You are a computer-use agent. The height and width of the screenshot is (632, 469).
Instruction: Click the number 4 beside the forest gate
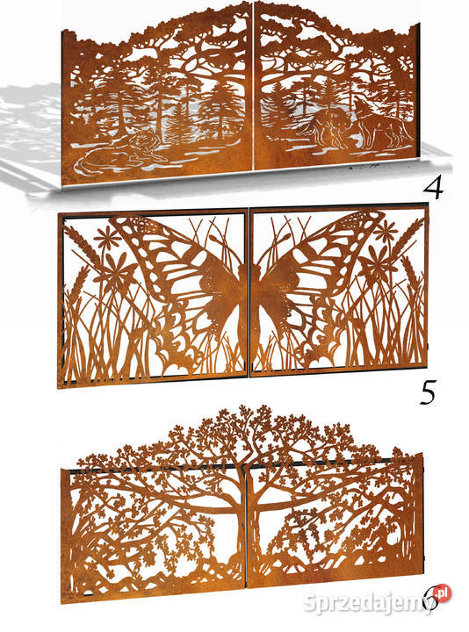click(x=432, y=188)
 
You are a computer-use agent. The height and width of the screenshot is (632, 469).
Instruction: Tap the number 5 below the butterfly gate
click(x=428, y=392)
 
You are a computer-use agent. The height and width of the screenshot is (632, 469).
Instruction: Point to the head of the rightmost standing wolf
click(x=360, y=107)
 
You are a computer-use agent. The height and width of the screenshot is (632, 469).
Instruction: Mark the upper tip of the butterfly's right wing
click(x=380, y=213)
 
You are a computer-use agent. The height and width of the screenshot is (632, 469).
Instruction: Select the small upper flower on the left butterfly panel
click(x=108, y=237)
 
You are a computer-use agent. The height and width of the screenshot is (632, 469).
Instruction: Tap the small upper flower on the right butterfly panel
click(x=386, y=231)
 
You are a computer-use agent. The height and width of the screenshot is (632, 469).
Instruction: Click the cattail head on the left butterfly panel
click(x=218, y=242)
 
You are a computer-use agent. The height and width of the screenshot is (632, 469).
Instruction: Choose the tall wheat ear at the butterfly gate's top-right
click(x=410, y=238)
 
